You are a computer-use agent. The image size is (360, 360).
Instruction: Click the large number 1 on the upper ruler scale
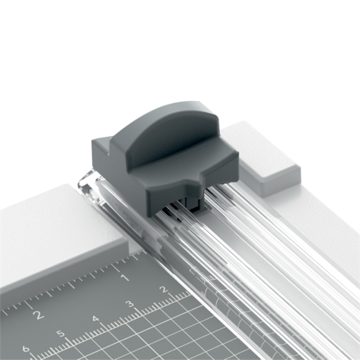pos(123,278)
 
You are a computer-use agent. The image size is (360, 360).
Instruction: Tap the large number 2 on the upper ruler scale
pos(38,314)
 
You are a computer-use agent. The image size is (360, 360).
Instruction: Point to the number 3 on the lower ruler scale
pos(129,304)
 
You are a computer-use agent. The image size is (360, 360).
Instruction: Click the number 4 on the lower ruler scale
pos(95,319)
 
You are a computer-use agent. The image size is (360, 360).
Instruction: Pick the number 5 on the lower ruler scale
pos(60,334)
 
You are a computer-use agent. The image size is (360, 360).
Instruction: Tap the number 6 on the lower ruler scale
pos(26,349)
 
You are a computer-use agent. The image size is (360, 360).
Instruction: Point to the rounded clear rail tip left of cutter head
pos(85,179)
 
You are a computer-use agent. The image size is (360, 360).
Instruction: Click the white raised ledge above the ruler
pos(51,225)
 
